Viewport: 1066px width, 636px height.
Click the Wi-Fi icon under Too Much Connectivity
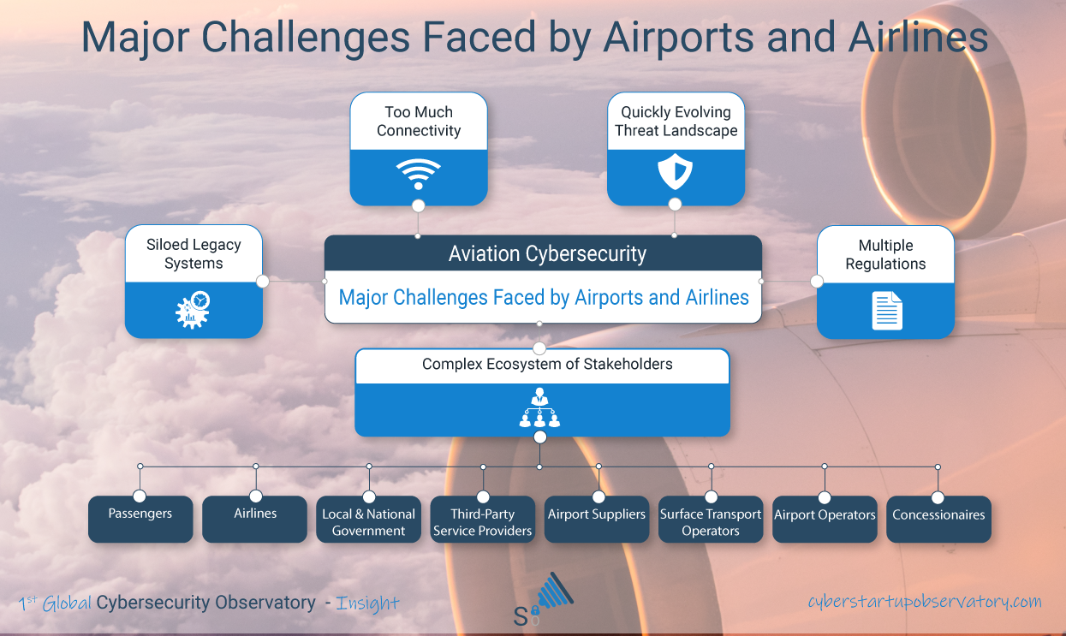(x=419, y=174)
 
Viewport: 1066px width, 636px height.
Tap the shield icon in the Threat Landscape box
(x=675, y=171)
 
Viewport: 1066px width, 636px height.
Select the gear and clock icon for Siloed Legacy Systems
(x=193, y=310)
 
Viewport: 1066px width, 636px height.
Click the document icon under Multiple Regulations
(x=887, y=311)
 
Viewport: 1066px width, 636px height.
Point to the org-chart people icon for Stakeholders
(x=539, y=407)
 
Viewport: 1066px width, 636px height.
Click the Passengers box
(x=140, y=519)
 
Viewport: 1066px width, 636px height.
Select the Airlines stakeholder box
(x=254, y=519)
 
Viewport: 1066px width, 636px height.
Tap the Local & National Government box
(x=369, y=519)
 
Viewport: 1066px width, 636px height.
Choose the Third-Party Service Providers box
(x=483, y=519)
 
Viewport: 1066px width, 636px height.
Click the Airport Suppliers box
(x=597, y=519)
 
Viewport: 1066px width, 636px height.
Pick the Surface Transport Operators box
(x=711, y=519)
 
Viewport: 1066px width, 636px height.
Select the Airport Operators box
(x=825, y=519)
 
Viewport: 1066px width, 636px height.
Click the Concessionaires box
(x=939, y=519)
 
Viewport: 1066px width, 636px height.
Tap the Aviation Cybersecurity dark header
(x=543, y=253)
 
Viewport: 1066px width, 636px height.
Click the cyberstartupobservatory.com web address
(x=925, y=601)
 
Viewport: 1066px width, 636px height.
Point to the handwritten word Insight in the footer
(x=367, y=603)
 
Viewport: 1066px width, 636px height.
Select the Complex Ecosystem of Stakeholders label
(x=547, y=364)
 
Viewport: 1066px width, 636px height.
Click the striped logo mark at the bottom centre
(x=555, y=591)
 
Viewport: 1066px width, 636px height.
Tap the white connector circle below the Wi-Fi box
(x=419, y=206)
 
